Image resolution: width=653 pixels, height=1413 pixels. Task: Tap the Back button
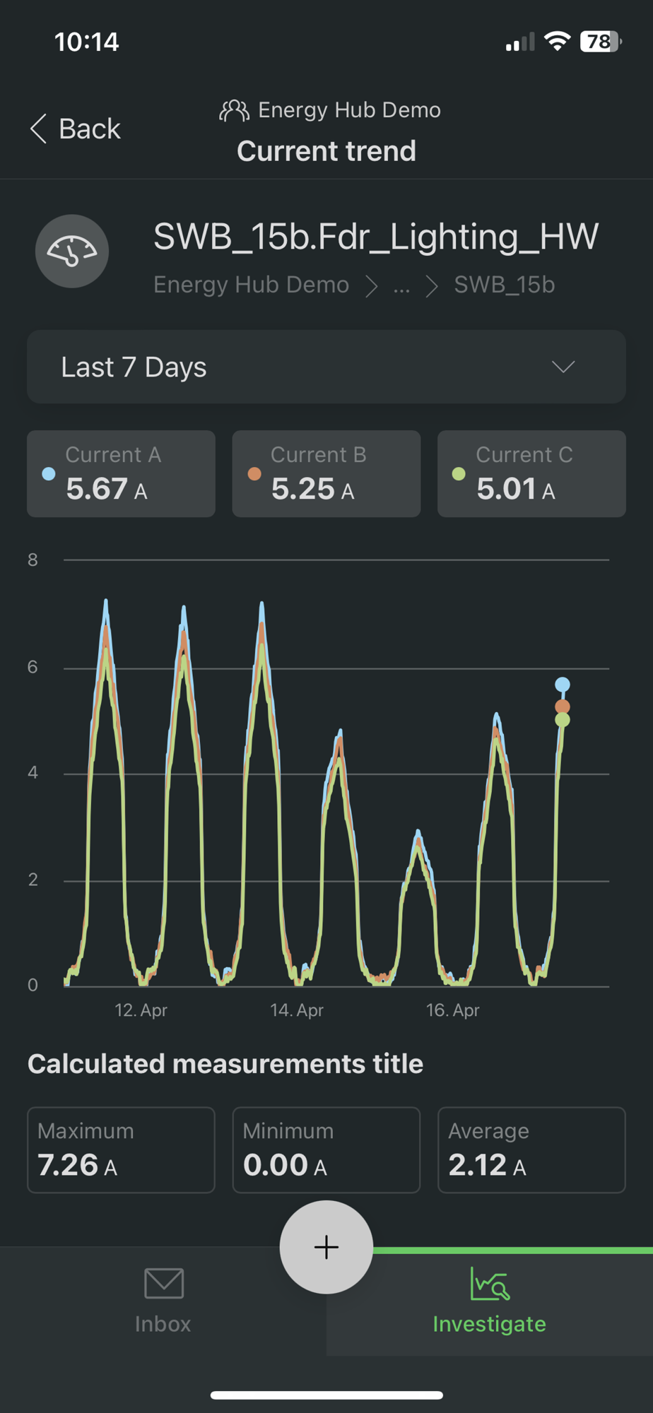[x=75, y=129]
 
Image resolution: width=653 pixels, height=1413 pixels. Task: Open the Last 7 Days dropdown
[x=326, y=367]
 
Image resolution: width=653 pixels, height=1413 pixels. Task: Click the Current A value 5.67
[x=97, y=488]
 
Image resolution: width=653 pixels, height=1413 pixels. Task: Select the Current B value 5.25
[x=302, y=488]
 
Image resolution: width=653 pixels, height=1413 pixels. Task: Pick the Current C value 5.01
[x=507, y=488]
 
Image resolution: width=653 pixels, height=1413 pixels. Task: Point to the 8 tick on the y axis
[x=33, y=560]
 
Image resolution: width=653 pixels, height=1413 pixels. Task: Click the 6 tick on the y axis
[x=33, y=667]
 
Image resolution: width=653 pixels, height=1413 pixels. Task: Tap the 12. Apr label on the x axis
[x=141, y=1010]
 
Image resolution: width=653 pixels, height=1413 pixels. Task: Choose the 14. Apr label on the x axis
[x=297, y=1010]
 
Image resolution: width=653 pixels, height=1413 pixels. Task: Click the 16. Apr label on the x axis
[x=452, y=1010]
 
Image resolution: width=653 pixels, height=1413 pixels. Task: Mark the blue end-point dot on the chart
[x=563, y=684]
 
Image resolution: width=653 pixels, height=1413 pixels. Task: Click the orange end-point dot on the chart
[x=563, y=706]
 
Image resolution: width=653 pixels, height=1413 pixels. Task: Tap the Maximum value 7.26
[x=68, y=1165]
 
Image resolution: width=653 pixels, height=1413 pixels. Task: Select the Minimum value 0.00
[x=276, y=1165]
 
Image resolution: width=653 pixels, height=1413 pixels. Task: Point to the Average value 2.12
[x=478, y=1165]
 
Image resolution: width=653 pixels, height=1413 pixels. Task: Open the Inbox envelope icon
[x=164, y=1283]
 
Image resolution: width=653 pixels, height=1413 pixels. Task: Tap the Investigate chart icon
[x=489, y=1284]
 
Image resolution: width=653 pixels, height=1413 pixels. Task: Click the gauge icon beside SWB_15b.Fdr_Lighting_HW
[x=72, y=251]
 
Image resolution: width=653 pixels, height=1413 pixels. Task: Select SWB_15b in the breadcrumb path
[x=504, y=285]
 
